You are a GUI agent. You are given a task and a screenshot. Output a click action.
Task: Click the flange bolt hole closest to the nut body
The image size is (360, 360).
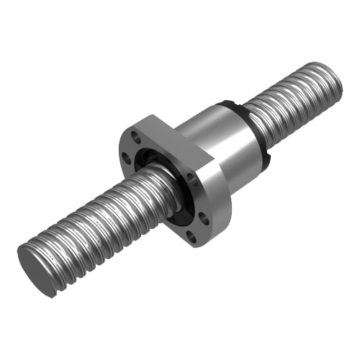pos(192,180)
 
